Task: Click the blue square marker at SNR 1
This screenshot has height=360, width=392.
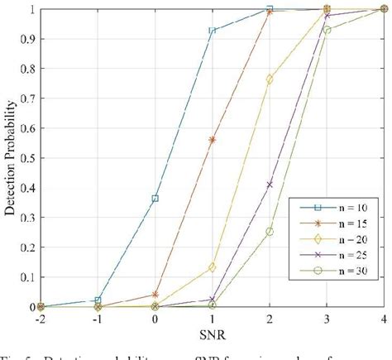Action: click(x=213, y=31)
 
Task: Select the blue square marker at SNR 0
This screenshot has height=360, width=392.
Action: click(x=155, y=199)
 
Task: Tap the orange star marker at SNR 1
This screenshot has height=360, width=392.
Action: click(x=213, y=140)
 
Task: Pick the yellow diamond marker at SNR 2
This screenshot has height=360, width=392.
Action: click(x=270, y=79)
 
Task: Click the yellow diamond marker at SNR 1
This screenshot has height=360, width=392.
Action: click(x=213, y=267)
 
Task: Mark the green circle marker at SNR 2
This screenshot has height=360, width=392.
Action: click(x=270, y=232)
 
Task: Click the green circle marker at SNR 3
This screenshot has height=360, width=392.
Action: click(x=327, y=31)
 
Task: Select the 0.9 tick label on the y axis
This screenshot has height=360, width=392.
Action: click(x=27, y=39)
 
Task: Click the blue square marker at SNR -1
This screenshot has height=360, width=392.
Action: click(x=98, y=300)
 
